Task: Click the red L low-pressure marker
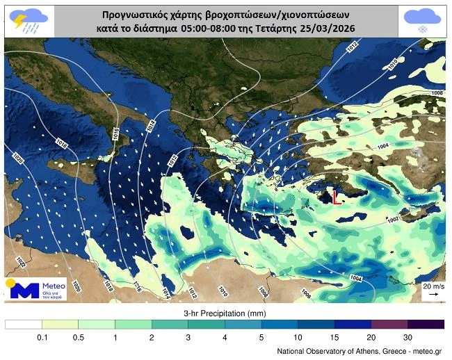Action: click(x=337, y=198)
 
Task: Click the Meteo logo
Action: click(x=35, y=288)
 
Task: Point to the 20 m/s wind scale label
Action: click(x=432, y=286)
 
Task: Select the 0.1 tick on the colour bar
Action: click(x=42, y=337)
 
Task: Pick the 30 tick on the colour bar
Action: click(x=407, y=337)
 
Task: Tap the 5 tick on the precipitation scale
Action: click(x=261, y=337)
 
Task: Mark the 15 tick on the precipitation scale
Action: click(x=334, y=337)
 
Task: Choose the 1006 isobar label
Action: click(x=437, y=93)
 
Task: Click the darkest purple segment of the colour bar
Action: click(x=426, y=325)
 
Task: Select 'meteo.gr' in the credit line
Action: click(x=427, y=352)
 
